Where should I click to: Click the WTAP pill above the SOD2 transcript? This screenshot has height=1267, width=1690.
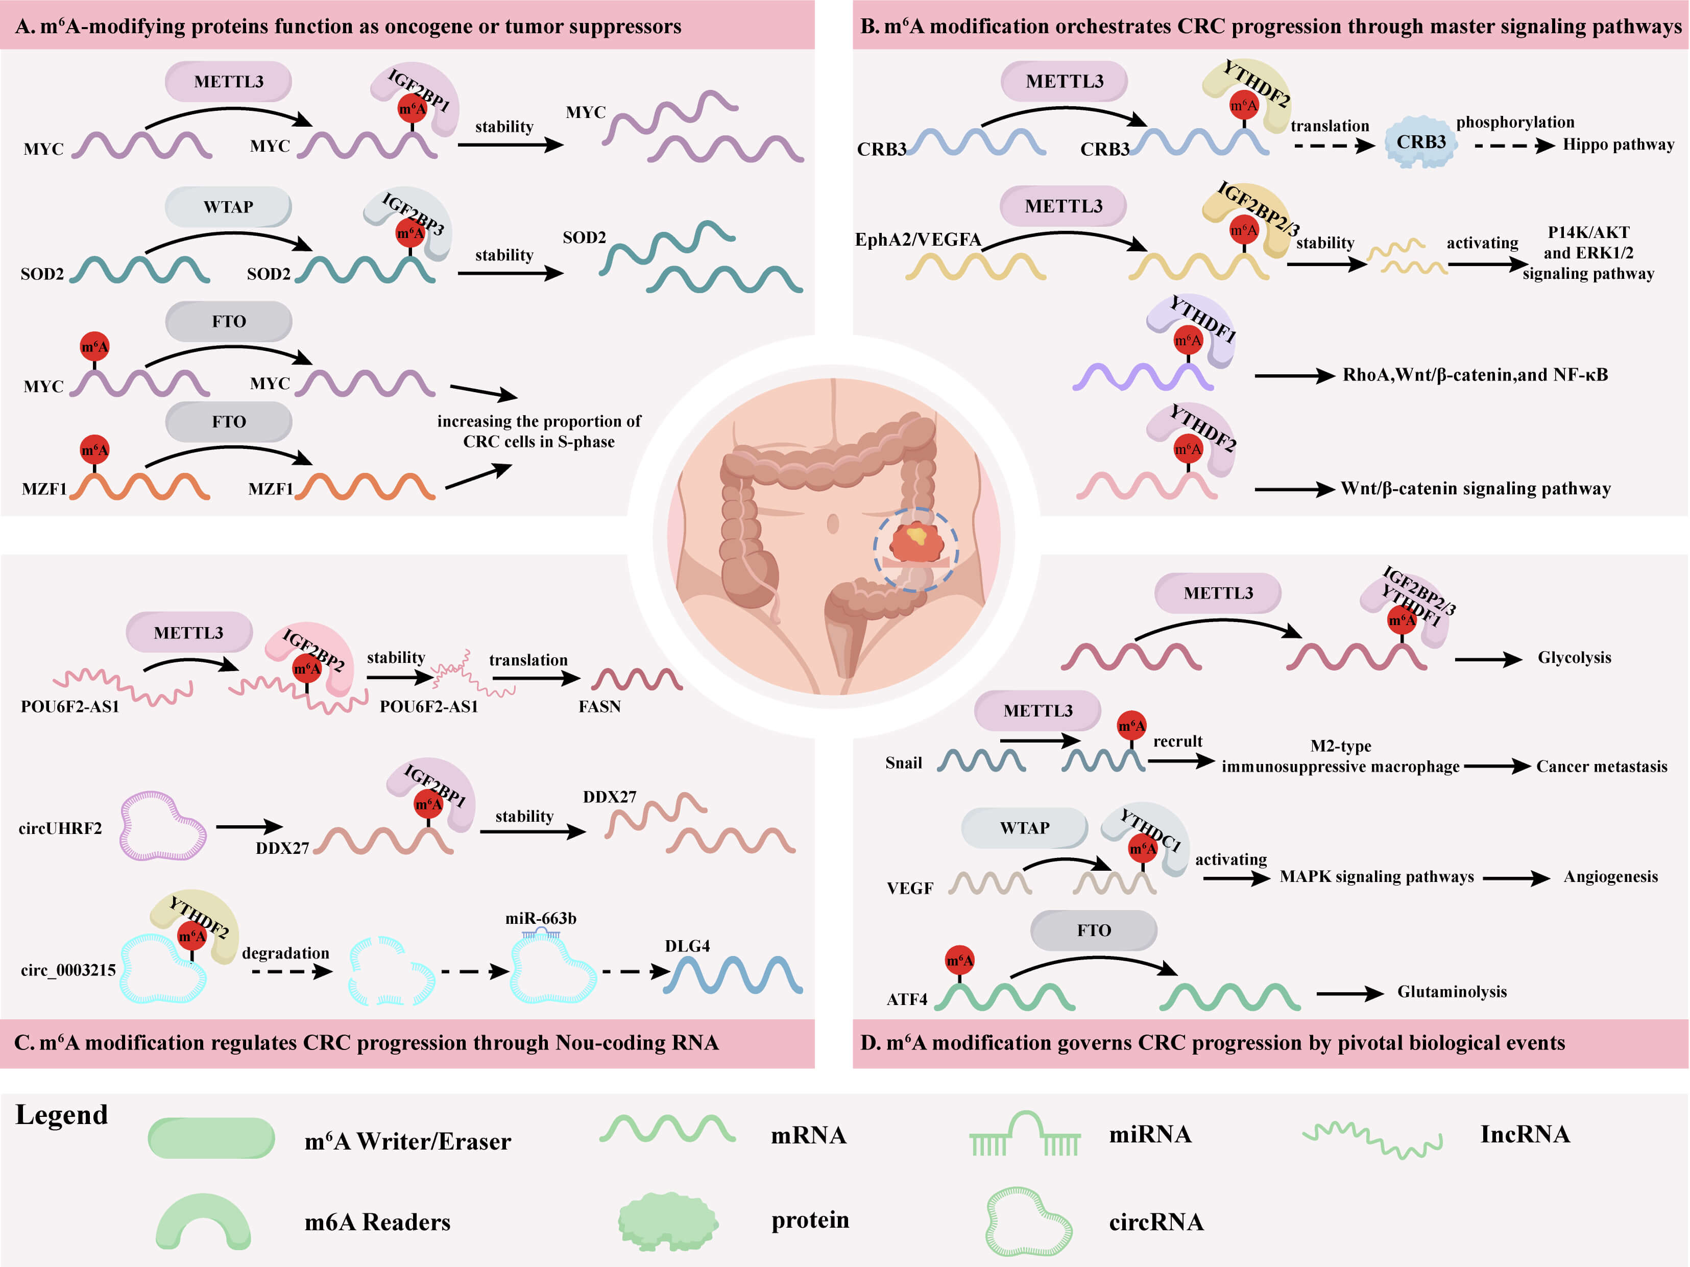228,207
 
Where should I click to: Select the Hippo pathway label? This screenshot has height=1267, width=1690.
1617,145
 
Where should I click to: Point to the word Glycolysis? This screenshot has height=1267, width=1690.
1574,657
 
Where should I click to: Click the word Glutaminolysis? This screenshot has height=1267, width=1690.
1452,991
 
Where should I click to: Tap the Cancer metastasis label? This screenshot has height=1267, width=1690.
1601,767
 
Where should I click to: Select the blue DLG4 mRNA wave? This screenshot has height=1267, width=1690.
732,976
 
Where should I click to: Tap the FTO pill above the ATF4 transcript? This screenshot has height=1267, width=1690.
1093,930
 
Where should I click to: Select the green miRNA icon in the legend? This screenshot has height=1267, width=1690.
1025,1134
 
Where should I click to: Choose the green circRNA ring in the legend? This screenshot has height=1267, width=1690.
1028,1221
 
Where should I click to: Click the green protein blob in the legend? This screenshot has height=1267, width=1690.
667,1221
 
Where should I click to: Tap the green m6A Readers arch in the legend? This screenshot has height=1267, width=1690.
203,1221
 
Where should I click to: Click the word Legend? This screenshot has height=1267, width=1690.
62,1115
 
